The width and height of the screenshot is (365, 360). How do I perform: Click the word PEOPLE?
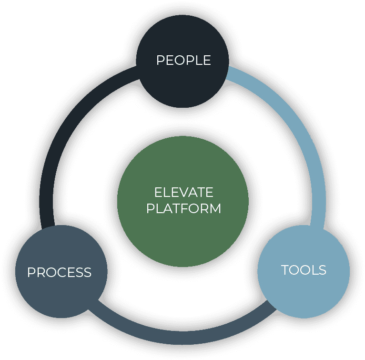click(183, 61)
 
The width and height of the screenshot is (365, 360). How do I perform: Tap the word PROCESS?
click(59, 272)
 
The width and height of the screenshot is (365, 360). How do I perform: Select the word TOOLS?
click(304, 270)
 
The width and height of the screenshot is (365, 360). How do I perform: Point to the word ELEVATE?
click(183, 193)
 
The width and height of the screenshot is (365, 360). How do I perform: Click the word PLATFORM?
click(183, 208)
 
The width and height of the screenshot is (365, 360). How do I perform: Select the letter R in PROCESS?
click(40, 272)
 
